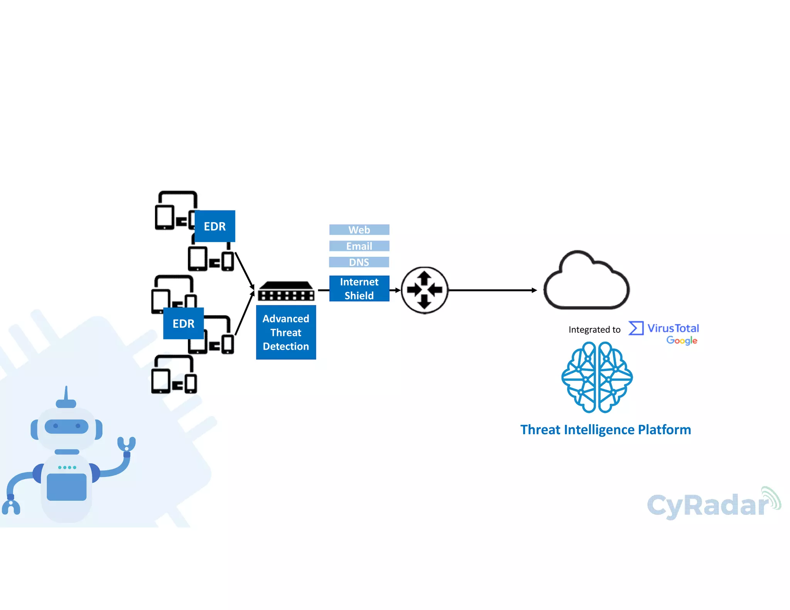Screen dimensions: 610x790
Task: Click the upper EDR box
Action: point(214,226)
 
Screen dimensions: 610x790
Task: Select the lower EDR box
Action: point(183,324)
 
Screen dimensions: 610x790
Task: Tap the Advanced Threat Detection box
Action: point(286,332)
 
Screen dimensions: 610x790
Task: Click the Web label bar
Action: point(359,230)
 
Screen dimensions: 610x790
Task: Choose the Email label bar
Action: point(359,246)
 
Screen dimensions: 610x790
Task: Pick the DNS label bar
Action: point(359,262)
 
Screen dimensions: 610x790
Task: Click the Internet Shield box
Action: point(359,288)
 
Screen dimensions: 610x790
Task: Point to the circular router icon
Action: point(424,290)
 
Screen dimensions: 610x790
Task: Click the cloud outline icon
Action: point(586,281)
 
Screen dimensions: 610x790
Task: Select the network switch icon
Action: point(286,292)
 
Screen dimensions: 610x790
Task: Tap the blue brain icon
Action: point(597,377)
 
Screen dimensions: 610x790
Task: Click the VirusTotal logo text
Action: point(673,328)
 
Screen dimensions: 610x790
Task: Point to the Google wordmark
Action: point(682,340)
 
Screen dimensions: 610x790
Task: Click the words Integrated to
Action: point(594,330)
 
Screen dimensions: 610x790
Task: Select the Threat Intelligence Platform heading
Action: point(605,430)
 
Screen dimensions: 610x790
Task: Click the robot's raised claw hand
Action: point(127,445)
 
